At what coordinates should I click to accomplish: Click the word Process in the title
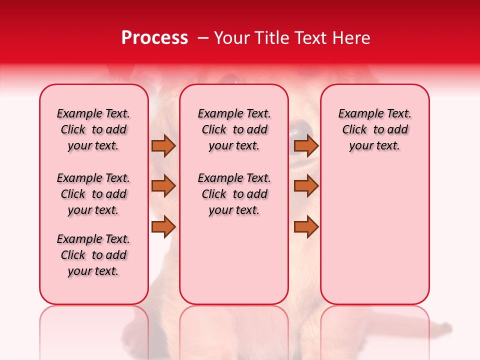click(154, 38)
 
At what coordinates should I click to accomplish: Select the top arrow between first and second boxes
click(163, 145)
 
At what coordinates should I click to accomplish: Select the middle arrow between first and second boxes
click(163, 186)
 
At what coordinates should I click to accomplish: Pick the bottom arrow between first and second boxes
click(163, 227)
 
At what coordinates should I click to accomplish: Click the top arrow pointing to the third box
click(306, 145)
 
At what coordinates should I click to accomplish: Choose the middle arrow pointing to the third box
click(306, 186)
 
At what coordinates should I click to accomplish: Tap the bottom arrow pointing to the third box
click(306, 227)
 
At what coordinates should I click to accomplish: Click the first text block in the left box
click(93, 129)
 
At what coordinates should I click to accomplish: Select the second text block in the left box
click(93, 194)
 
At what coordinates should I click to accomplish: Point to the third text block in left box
click(93, 255)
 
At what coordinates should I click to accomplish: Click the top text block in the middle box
click(234, 129)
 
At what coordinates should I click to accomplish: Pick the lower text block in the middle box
click(234, 194)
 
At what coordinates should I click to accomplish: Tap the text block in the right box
click(374, 129)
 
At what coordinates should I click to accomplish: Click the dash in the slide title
click(203, 38)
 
